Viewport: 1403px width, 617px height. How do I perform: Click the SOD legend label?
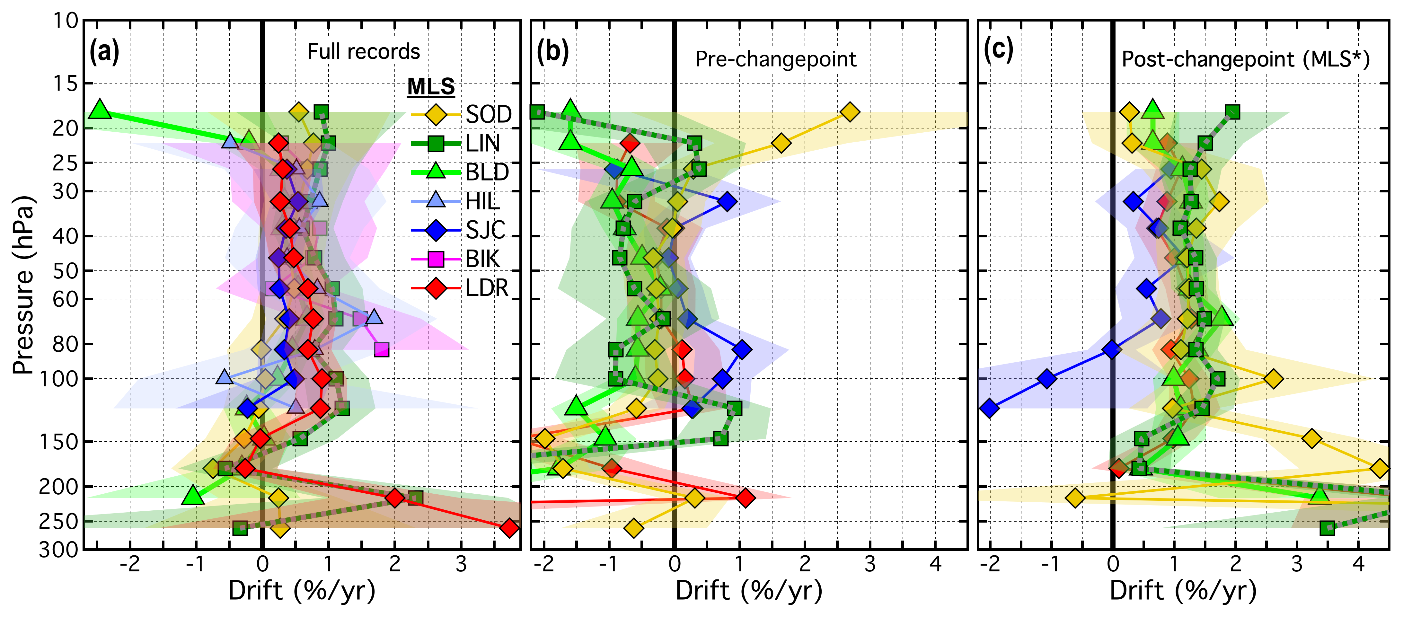[489, 114]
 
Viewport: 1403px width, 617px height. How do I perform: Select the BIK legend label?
[482, 259]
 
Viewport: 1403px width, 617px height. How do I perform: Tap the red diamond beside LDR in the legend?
[436, 287]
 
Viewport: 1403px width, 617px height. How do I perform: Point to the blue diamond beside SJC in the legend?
[436, 230]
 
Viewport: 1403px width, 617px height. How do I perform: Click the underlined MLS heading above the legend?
[431, 86]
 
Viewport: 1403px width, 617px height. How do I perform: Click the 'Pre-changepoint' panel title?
[776, 59]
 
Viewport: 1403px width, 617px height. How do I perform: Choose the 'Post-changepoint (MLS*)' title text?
[1245, 59]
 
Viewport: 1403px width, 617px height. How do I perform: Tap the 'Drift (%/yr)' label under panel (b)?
[748, 591]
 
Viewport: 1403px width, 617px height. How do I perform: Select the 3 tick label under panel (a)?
[461, 564]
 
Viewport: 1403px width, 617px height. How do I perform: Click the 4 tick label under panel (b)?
[935, 564]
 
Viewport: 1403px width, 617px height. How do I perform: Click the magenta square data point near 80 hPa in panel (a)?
[382, 350]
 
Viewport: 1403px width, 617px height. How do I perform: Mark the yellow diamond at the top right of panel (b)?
[850, 112]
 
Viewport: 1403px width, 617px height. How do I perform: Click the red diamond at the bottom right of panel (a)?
[509, 528]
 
